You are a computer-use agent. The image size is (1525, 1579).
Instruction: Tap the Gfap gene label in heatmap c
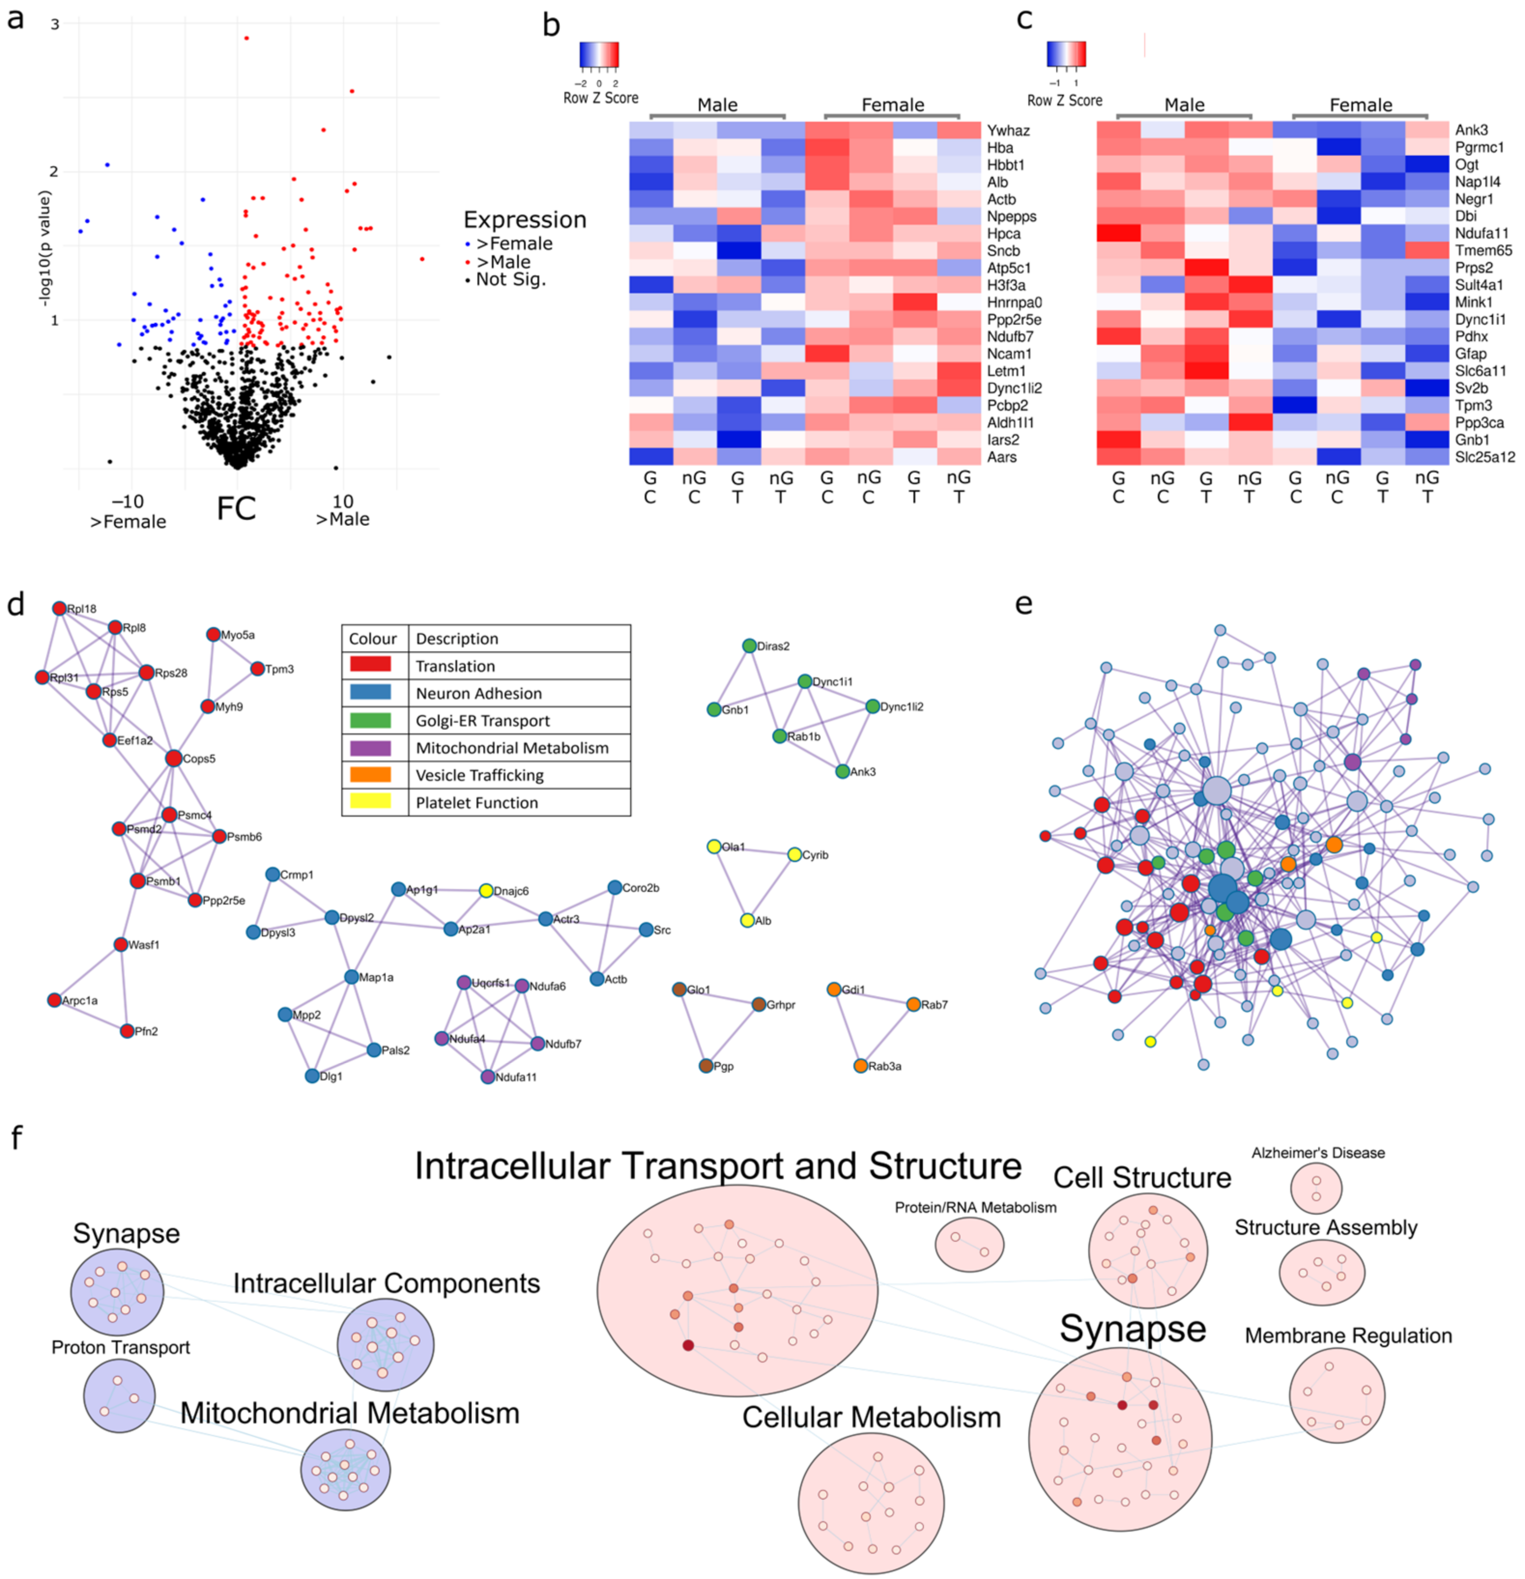click(x=1471, y=354)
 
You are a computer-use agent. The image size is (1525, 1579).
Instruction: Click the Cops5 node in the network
click(x=173, y=758)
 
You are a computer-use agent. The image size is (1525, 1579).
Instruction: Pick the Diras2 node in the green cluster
click(x=749, y=646)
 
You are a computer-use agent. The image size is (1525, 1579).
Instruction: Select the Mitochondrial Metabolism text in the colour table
click(x=512, y=747)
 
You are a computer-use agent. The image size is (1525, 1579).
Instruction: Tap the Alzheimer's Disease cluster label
click(x=1318, y=1153)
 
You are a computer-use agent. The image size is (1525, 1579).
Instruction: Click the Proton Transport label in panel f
click(x=121, y=1348)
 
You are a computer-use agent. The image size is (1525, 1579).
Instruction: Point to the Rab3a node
click(x=861, y=1066)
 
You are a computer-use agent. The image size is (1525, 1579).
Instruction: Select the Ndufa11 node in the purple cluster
click(x=488, y=1077)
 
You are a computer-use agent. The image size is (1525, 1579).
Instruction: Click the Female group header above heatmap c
click(x=1361, y=105)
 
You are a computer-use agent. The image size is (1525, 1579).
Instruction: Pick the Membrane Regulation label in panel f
click(x=1348, y=1335)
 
